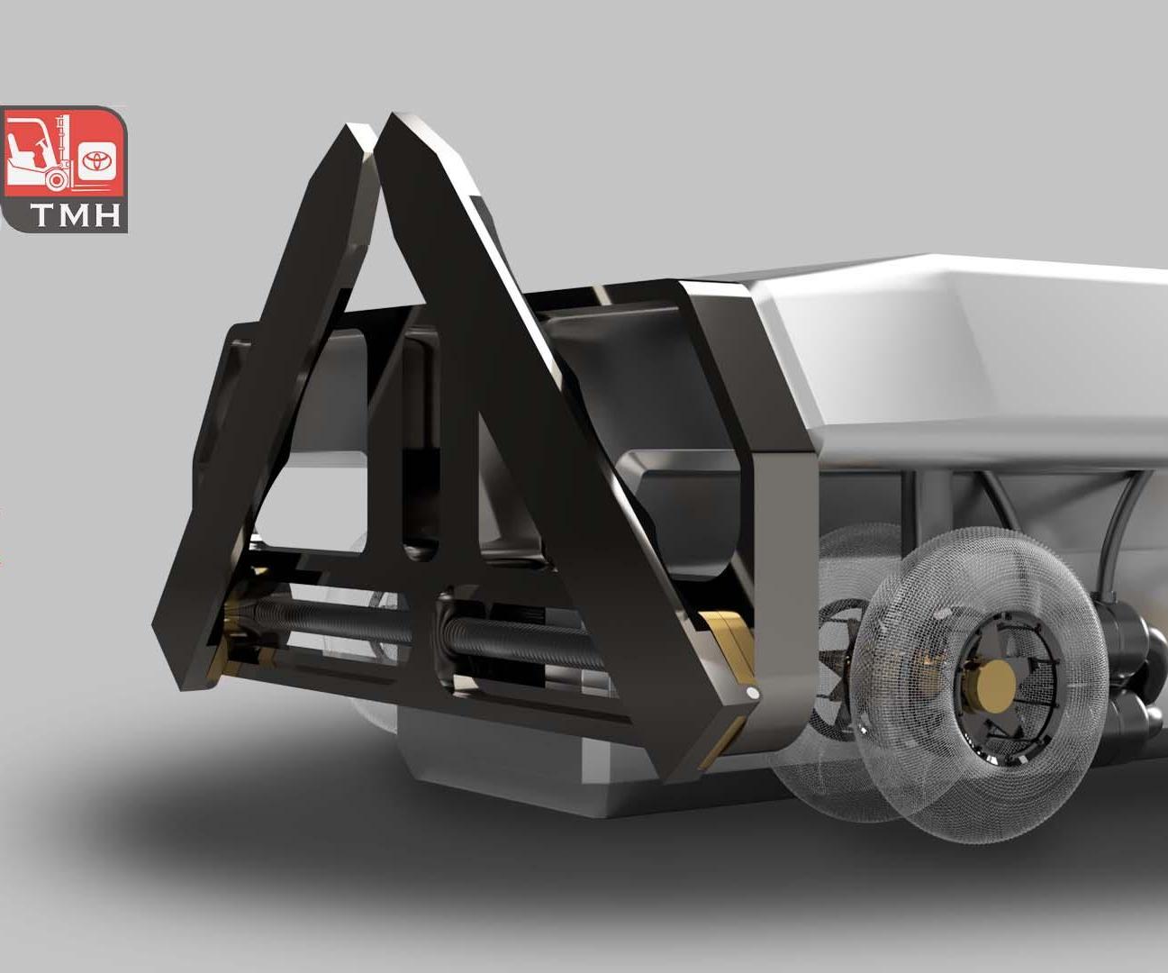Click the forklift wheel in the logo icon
57,180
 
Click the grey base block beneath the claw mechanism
504,766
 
